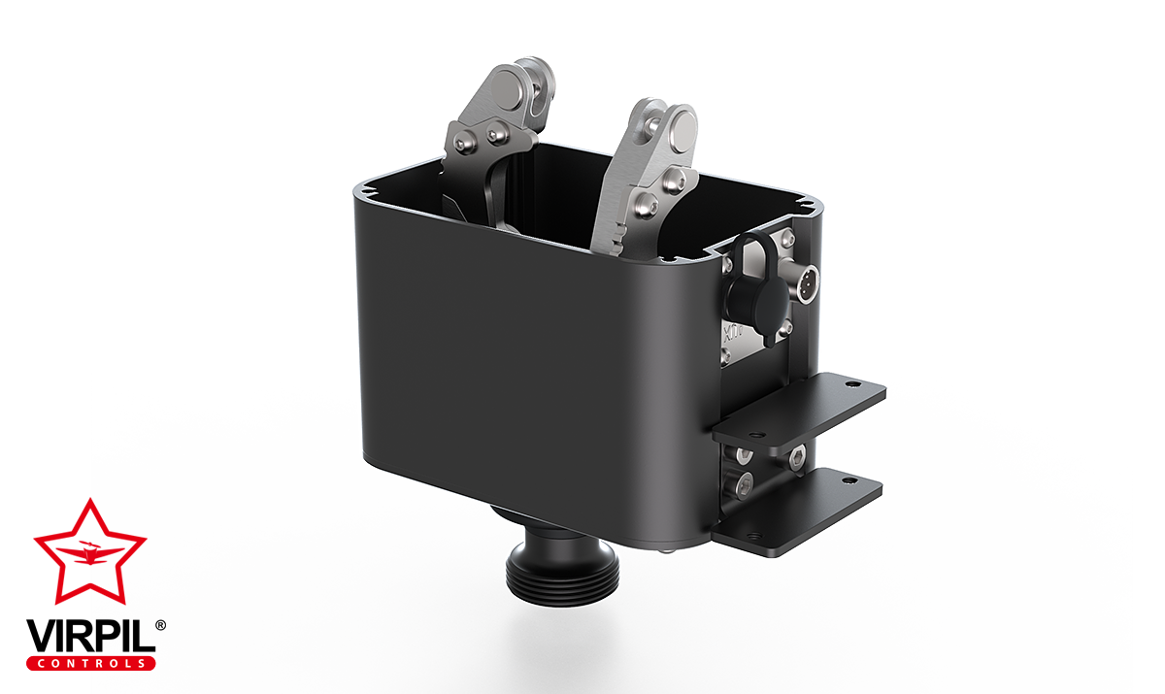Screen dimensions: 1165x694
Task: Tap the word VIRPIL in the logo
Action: [x=90, y=637]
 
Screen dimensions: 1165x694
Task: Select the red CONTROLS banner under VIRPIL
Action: [x=90, y=663]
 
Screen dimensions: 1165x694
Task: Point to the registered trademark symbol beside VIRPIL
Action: [x=161, y=625]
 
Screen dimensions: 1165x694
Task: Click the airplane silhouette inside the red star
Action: [x=89, y=552]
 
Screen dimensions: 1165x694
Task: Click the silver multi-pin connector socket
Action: [x=806, y=282]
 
